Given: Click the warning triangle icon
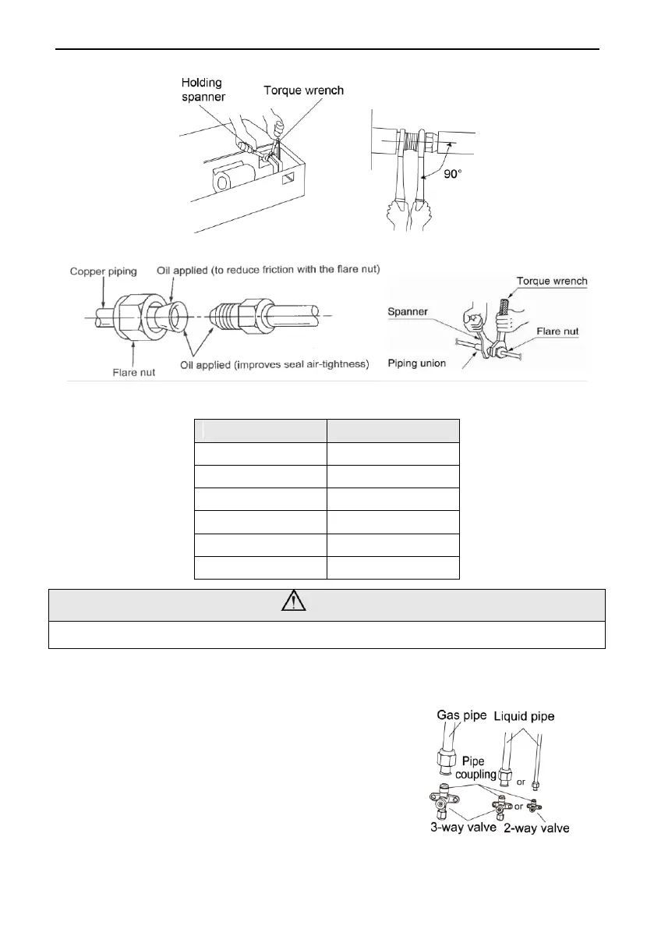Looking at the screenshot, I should (327, 605).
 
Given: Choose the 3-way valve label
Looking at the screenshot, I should (463, 827).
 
